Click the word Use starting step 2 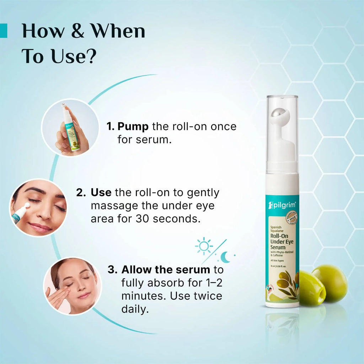coord(101,193)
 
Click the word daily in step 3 coord(134,309)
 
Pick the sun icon coord(204,246)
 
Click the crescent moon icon coord(225,257)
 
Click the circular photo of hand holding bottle coord(70,127)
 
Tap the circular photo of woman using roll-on coord(38,207)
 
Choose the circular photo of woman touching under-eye coord(73,286)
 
